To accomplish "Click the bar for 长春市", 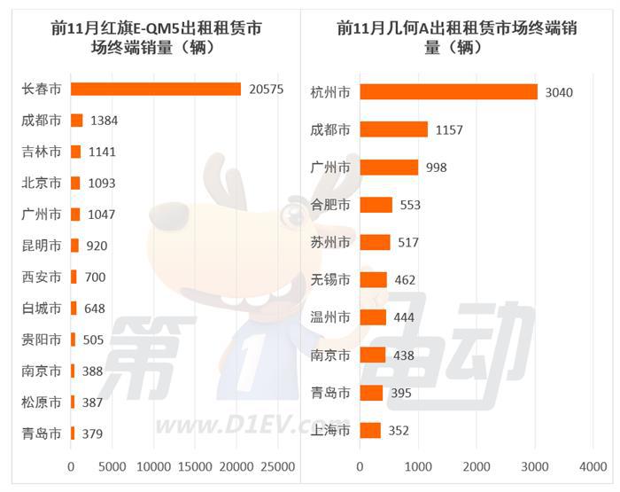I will pos(156,89).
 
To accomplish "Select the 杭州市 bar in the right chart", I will pos(448,92).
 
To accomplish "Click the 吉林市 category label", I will pos(42,152).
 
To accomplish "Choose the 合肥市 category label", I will pos(331,205).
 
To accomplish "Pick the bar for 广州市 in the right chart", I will pos(389,168).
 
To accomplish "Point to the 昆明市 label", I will pos(42,246).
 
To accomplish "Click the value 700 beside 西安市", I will pos(95,277).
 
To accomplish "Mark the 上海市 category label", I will pos(331,431).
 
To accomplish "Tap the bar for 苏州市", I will pos(376,242).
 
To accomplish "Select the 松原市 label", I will pos(42,402).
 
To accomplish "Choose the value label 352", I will pos(401,431).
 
